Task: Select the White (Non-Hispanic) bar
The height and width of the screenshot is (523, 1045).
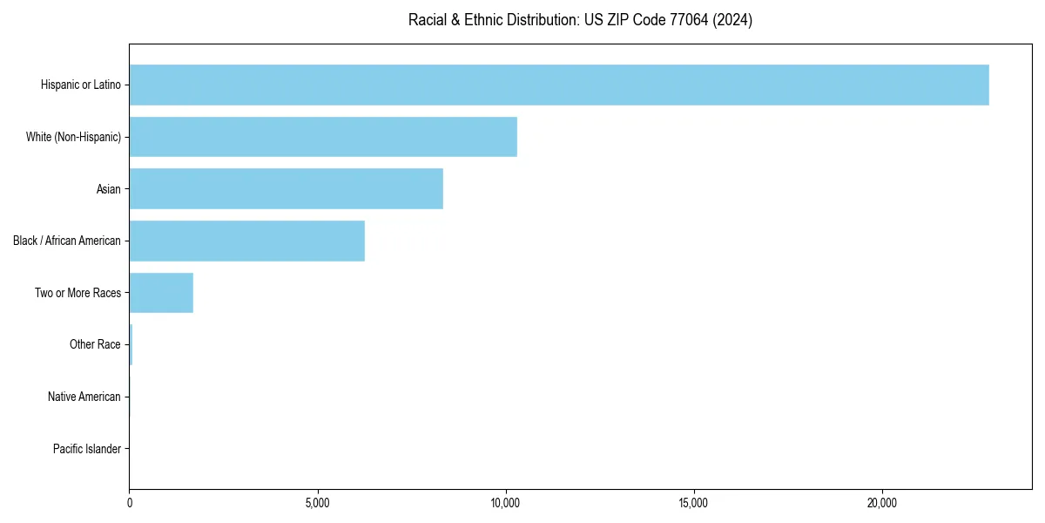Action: pyautogui.click(x=323, y=137)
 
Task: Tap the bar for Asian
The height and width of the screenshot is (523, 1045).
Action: pyautogui.click(x=286, y=188)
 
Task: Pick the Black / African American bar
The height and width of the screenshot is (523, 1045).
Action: pyautogui.click(x=246, y=241)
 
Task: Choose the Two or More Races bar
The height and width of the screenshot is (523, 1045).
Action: pyautogui.click(x=161, y=293)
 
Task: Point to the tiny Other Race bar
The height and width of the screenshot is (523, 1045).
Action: pyautogui.click(x=131, y=344)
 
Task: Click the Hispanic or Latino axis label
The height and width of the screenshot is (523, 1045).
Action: pyautogui.click(x=81, y=85)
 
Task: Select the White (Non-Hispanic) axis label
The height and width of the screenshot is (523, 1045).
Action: pyautogui.click(x=74, y=137)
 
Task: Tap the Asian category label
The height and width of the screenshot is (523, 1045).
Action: pyautogui.click(x=109, y=188)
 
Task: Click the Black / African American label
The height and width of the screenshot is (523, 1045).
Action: pyautogui.click(x=67, y=241)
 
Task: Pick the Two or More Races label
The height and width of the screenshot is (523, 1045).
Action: pyautogui.click(x=78, y=293)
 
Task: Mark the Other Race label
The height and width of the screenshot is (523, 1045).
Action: pyautogui.click(x=95, y=344)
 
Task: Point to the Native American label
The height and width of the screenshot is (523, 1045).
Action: pyautogui.click(x=84, y=397)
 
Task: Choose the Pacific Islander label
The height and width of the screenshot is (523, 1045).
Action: pyautogui.click(x=87, y=449)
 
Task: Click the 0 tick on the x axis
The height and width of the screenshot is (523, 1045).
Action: pyautogui.click(x=130, y=503)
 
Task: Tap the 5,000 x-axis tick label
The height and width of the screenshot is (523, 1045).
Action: pyautogui.click(x=318, y=503)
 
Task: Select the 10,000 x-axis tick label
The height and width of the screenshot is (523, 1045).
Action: pyautogui.click(x=506, y=503)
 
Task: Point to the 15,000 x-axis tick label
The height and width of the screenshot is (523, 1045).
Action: pyautogui.click(x=694, y=503)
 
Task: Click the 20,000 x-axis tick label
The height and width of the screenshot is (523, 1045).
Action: pyautogui.click(x=882, y=503)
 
